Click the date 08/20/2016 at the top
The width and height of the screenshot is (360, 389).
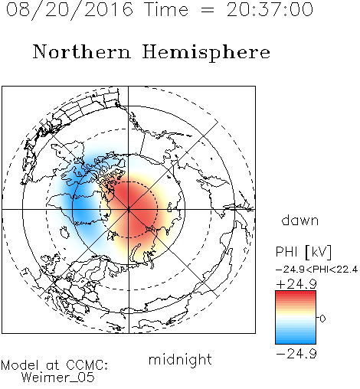[x=70, y=10]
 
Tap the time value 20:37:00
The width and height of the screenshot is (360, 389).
[x=270, y=9]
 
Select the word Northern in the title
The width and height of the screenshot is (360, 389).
[x=82, y=52]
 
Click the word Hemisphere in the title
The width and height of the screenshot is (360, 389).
[x=206, y=52]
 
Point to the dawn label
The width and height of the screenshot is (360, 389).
[x=300, y=220]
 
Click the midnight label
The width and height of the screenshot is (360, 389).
[x=180, y=360]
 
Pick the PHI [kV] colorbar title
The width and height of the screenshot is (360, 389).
[x=303, y=252]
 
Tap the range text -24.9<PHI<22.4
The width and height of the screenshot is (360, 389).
[x=317, y=270]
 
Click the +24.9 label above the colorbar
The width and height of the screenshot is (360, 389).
[x=296, y=284]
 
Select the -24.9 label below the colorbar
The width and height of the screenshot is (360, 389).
[x=296, y=354]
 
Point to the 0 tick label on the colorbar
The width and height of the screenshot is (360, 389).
[x=322, y=319]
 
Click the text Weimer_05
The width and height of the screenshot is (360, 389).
[x=58, y=378]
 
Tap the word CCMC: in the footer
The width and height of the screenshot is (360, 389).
[x=87, y=365]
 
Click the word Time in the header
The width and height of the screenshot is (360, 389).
[x=166, y=9]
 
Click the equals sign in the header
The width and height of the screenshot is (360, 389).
[x=208, y=10]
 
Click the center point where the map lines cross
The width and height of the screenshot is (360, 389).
[x=129, y=210]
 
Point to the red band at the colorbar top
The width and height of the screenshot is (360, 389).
[x=296, y=294]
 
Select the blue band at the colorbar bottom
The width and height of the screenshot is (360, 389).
[x=296, y=341]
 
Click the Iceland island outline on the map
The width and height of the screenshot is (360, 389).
[x=65, y=232]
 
